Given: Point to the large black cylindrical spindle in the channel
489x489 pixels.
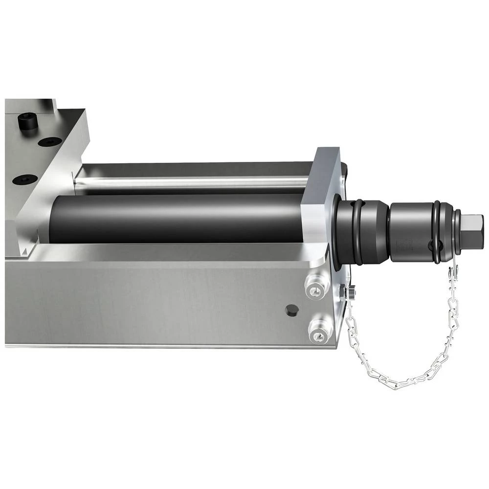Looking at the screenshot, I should pyautogui.click(x=176, y=218).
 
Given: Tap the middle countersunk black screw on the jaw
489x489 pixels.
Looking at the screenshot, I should pyautogui.click(x=50, y=142).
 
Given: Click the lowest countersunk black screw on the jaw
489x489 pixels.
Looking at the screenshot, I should pyautogui.click(x=26, y=179).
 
